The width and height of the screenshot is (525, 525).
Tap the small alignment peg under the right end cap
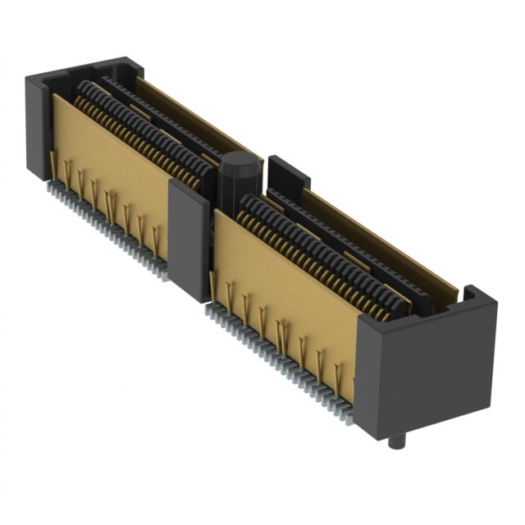pyautogui.click(x=399, y=442)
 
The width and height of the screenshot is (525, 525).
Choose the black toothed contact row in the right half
pyautogui.click(x=320, y=246)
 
